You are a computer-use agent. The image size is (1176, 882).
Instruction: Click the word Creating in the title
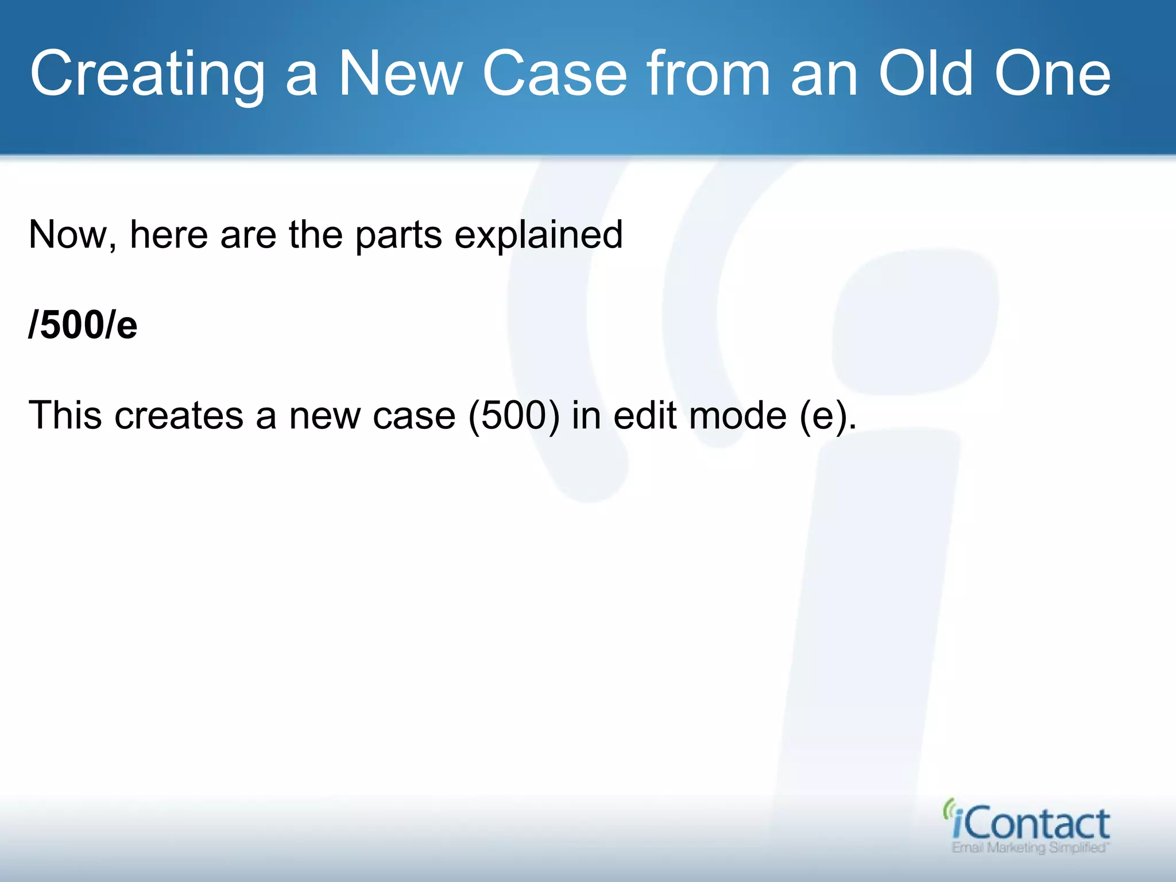(x=147, y=75)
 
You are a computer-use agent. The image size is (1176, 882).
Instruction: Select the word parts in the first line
(x=399, y=235)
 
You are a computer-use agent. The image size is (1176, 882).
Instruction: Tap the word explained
(x=538, y=235)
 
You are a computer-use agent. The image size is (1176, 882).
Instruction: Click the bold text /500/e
(x=83, y=325)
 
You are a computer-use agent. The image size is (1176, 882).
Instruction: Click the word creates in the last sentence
(x=179, y=415)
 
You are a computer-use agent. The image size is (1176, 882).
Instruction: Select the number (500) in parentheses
(x=514, y=415)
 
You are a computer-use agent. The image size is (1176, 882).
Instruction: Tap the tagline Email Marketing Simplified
(x=1030, y=848)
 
